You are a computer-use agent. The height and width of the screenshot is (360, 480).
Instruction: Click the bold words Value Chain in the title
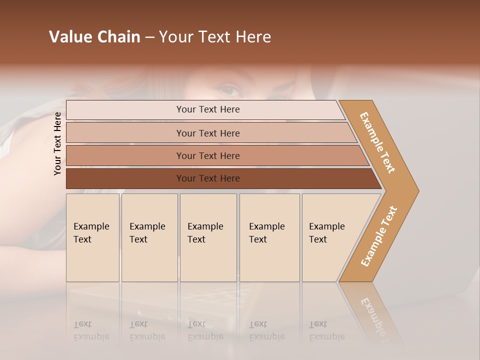pos(94,37)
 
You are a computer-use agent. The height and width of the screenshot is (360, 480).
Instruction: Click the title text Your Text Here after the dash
pos(215,37)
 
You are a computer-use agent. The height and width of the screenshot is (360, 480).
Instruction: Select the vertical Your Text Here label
pos(57,143)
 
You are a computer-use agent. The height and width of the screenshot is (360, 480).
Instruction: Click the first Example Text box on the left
pos(92,237)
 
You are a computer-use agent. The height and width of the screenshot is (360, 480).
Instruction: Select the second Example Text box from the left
pos(149,237)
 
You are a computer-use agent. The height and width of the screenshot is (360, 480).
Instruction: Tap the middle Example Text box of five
pos(208,237)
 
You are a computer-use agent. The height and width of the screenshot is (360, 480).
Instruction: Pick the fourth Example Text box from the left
pos(269,237)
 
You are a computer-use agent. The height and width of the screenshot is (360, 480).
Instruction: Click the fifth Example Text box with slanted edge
pos(330,237)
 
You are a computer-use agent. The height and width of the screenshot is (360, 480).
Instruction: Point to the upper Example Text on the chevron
pos(377,142)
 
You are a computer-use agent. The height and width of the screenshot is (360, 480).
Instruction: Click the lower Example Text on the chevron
pos(379,236)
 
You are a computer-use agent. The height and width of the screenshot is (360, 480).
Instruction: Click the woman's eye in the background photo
pos(230,90)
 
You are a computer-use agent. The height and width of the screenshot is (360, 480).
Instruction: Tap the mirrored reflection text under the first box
pos(91,330)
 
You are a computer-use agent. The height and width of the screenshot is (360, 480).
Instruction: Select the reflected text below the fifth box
pos(327,330)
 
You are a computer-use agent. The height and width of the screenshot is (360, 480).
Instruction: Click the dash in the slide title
pos(149,37)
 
